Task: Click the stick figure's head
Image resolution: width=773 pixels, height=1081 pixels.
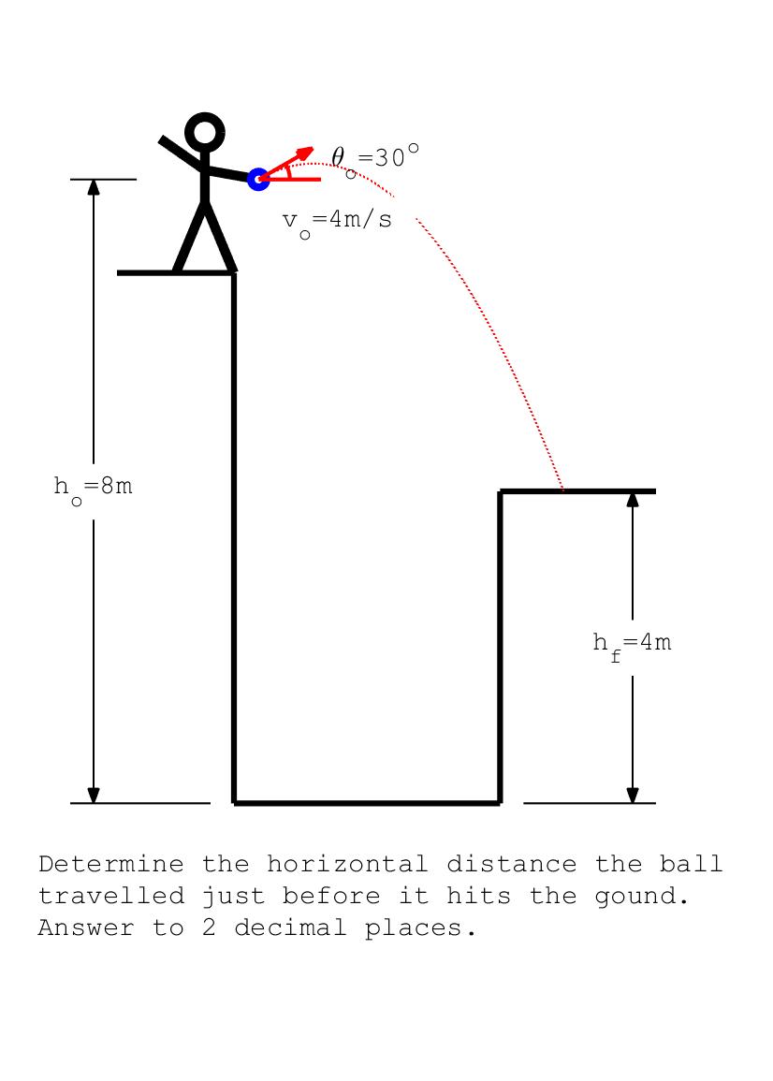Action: click(205, 132)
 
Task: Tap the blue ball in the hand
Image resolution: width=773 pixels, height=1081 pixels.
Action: click(258, 179)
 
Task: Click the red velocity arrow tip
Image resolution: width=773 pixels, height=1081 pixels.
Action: click(310, 150)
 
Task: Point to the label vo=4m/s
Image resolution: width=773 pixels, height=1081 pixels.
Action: click(337, 222)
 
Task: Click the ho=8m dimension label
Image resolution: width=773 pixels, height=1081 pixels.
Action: click(93, 488)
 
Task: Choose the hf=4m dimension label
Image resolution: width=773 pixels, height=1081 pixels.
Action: click(632, 644)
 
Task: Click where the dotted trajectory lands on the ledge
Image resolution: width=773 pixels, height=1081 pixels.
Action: click(563, 489)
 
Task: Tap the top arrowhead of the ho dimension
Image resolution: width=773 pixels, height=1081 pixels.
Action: click(94, 186)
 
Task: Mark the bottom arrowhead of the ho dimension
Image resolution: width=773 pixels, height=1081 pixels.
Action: click(94, 795)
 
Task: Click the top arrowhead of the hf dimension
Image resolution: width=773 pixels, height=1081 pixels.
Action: click(633, 499)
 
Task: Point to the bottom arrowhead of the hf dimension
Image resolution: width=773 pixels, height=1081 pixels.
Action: click(633, 795)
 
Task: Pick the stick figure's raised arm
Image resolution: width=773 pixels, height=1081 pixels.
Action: click(180, 153)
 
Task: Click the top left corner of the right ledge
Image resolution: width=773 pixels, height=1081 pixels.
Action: click(501, 491)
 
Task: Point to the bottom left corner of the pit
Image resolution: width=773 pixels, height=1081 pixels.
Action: click(235, 802)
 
